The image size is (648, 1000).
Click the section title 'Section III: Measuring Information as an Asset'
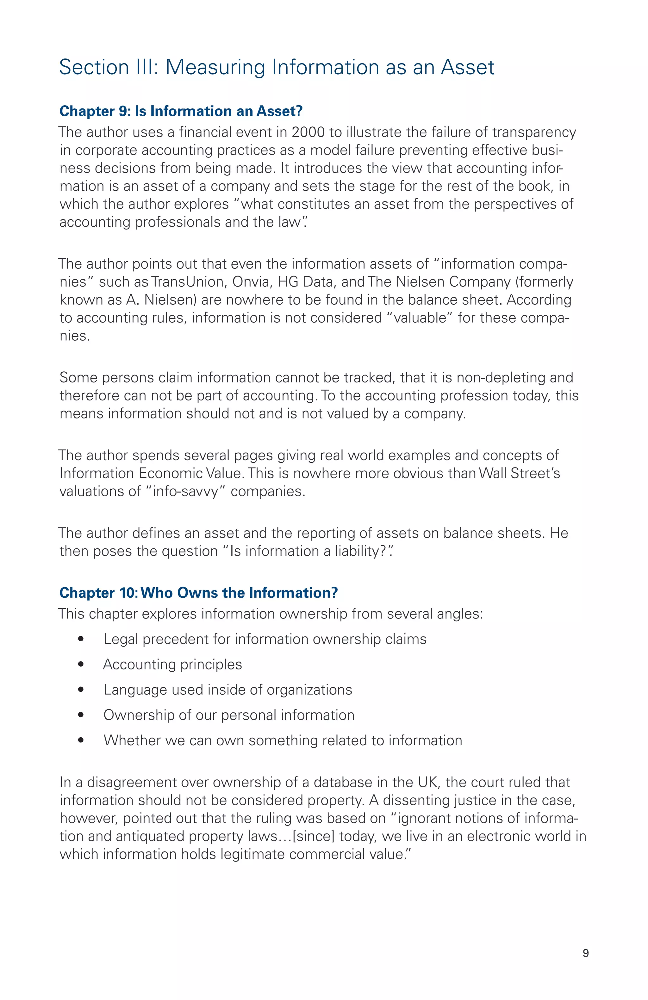click(276, 67)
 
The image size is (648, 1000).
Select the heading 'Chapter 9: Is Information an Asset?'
click(181, 111)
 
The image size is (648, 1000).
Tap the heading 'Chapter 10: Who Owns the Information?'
click(198, 593)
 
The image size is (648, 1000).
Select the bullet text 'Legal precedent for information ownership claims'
click(265, 639)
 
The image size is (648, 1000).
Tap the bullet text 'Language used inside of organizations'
click(227, 690)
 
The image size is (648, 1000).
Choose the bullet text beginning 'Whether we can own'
click(283, 740)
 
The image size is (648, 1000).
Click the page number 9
click(585, 953)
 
